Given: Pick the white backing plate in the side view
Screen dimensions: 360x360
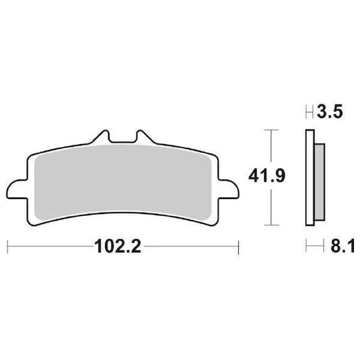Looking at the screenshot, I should click(310, 176).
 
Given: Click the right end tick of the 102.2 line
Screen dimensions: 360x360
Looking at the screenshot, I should click(238, 247).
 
